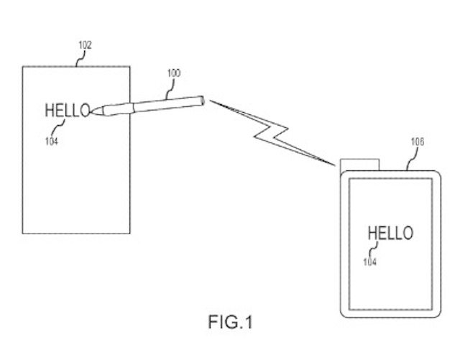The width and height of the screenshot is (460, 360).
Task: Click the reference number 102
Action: [x=85, y=45]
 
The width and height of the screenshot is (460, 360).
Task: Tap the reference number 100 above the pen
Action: [x=173, y=73]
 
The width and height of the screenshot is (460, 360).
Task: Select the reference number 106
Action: [x=418, y=142]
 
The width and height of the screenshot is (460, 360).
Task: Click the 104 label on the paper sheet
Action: [x=50, y=141]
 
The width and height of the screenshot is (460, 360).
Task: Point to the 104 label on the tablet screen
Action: [x=369, y=262]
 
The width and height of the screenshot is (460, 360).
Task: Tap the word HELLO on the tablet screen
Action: [x=390, y=233]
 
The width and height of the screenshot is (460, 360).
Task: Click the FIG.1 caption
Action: [x=230, y=323]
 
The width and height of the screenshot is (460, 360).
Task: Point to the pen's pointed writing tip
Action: [x=93, y=111]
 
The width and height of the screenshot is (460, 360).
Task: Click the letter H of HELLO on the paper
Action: [x=50, y=111]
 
